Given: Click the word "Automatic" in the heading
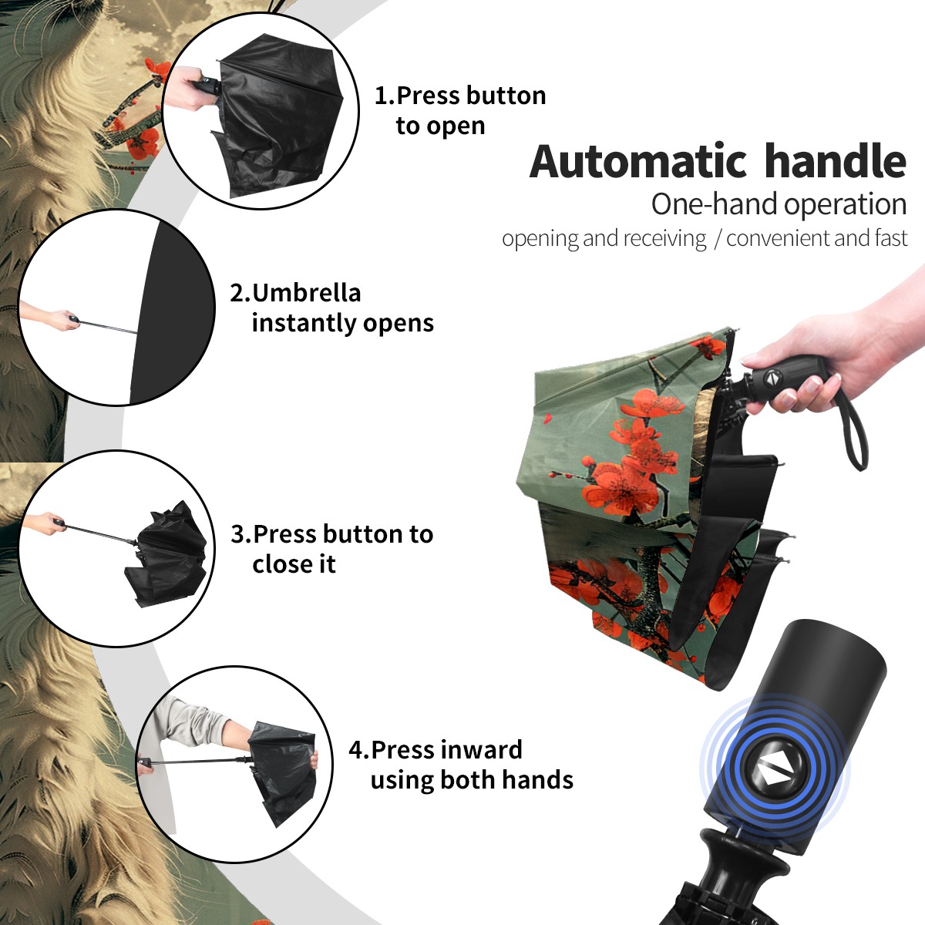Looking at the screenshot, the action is point(638,161).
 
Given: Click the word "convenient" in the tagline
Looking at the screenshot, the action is point(778,238).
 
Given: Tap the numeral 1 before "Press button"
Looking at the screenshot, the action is point(381,96).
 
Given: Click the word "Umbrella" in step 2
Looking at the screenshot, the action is point(306,293).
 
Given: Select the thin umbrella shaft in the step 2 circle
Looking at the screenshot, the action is point(107,326).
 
